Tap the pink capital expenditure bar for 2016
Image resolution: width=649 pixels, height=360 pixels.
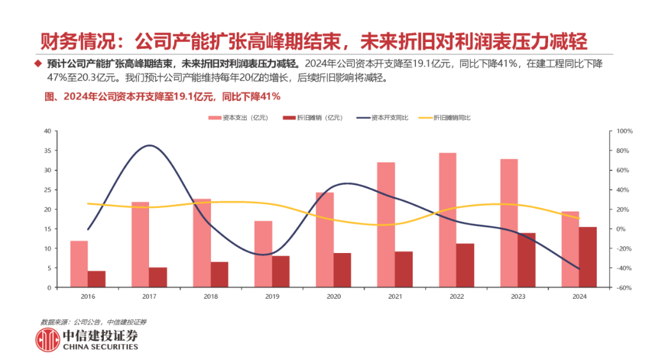79,264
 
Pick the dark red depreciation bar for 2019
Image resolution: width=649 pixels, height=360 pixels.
281,272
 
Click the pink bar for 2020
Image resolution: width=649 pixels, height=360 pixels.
324,240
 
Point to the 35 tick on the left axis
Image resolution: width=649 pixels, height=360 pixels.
46,151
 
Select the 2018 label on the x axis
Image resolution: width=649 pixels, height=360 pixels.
211,296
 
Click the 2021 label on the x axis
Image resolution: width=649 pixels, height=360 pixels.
395,296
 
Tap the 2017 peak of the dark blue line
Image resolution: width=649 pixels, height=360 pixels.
149,145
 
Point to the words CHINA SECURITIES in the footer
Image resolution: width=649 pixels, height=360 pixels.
100,347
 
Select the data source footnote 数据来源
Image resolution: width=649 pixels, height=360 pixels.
93,322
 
